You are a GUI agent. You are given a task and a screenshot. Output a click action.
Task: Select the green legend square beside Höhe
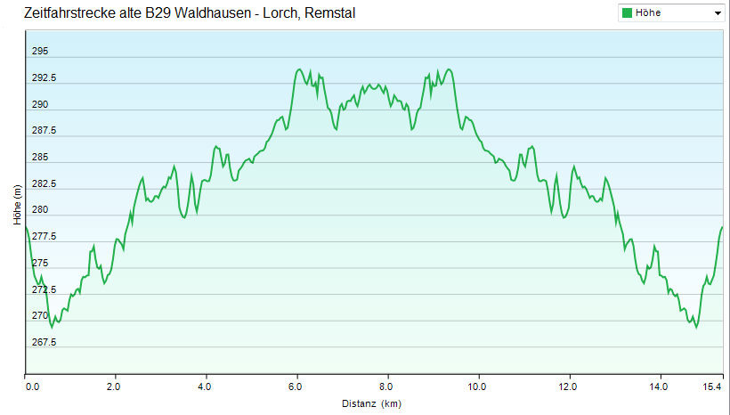pyautogui.click(x=628, y=13)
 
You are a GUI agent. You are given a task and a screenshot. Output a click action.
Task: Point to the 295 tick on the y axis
pyautogui.click(x=40, y=52)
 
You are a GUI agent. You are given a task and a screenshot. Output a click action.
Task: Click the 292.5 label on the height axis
pyautogui.click(x=44, y=78)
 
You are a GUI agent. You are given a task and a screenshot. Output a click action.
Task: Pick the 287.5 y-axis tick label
pyautogui.click(x=44, y=131)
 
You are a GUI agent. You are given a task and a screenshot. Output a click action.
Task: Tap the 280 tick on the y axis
pyautogui.click(x=40, y=210)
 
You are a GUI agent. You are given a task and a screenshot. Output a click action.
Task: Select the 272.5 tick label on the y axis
pyautogui.click(x=44, y=290)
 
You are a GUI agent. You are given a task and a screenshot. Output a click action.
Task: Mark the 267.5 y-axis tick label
pyautogui.click(x=44, y=343)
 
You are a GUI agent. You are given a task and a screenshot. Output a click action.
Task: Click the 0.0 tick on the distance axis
pyautogui.click(x=33, y=387)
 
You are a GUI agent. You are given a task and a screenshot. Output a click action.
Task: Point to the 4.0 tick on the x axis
pyautogui.click(x=206, y=387)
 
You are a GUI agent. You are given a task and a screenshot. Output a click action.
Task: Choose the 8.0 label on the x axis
pyautogui.click(x=386, y=387)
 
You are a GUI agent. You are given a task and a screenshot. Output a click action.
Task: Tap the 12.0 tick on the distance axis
pyautogui.click(x=568, y=387)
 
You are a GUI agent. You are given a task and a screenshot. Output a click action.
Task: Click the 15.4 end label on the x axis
pyautogui.click(x=710, y=387)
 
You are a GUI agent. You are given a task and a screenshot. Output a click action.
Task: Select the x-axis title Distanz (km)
pyautogui.click(x=371, y=403)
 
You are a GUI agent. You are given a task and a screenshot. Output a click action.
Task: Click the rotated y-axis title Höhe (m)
pyautogui.click(x=17, y=204)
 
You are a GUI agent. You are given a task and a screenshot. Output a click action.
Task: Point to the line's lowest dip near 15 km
pyautogui.click(x=696, y=327)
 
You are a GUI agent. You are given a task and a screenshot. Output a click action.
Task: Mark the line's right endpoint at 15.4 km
pyautogui.click(x=722, y=228)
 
